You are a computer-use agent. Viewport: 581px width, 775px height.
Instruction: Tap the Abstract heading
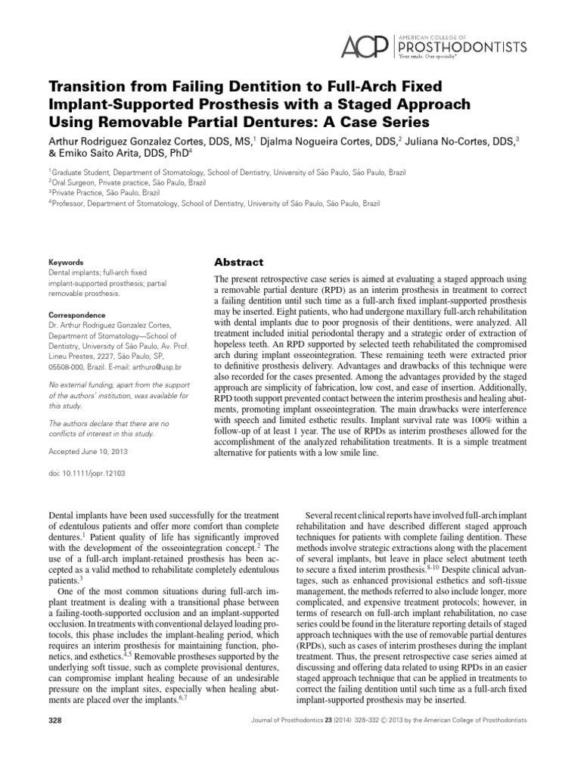point(239,263)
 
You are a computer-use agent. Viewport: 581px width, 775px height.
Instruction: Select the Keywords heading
point(65,262)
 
